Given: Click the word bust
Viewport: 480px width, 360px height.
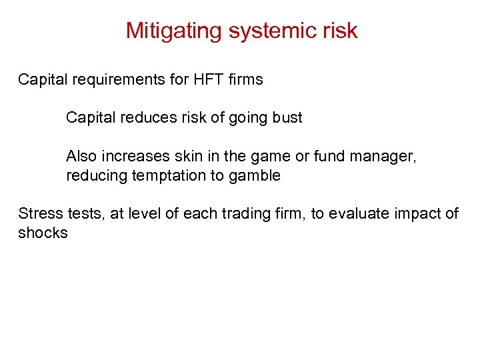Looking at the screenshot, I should (287, 118).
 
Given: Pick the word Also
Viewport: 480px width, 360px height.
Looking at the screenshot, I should (81, 157).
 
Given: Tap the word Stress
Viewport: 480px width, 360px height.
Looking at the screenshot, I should (39, 213).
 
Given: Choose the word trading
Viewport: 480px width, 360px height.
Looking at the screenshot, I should (244, 213).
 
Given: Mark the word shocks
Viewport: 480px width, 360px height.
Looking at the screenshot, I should (43, 233).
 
